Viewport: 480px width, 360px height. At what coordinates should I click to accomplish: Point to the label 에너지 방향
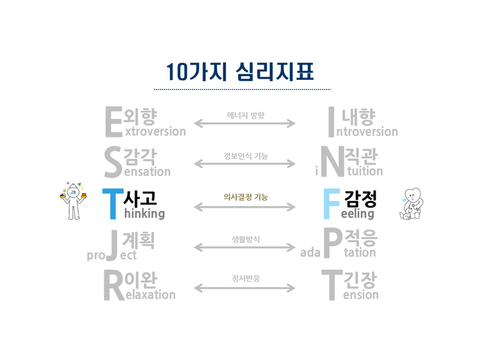tap(245, 116)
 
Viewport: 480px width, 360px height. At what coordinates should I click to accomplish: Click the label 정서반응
tap(245, 279)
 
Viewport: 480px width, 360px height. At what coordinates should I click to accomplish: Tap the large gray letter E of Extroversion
tap(113, 122)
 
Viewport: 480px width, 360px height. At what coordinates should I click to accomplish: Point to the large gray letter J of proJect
tap(113, 245)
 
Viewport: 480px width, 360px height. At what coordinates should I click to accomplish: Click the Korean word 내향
tap(359, 116)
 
